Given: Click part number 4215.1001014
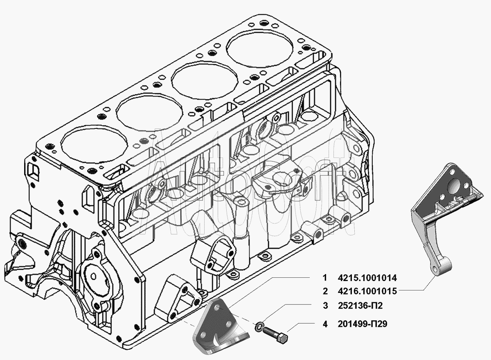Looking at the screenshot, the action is click(x=367, y=278).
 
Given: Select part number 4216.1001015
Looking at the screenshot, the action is click(x=367, y=291).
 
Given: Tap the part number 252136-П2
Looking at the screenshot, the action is click(x=360, y=306).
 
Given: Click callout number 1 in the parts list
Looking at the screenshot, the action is click(x=325, y=278).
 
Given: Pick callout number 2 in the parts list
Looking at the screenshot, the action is click(x=325, y=291).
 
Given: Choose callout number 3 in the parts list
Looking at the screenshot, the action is click(x=325, y=306).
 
